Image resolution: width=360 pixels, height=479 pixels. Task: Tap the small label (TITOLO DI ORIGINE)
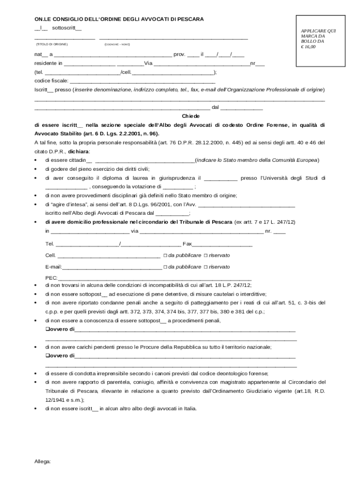click(x=52, y=44)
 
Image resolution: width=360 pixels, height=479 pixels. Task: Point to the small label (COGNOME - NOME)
click(x=117, y=44)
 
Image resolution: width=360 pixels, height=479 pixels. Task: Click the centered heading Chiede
click(x=191, y=116)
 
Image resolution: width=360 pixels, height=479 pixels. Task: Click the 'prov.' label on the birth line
click(x=180, y=54)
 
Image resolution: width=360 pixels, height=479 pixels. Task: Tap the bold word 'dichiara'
click(x=79, y=152)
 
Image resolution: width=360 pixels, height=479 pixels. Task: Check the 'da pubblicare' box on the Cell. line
click(x=165, y=255)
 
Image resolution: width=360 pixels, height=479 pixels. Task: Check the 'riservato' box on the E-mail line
click(x=206, y=267)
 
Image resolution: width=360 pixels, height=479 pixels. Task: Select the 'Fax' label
click(x=187, y=244)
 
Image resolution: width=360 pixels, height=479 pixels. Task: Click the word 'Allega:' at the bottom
click(x=43, y=461)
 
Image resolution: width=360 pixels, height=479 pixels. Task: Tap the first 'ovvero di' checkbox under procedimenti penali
click(x=47, y=329)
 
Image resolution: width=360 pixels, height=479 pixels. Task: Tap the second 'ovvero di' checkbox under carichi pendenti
click(x=47, y=356)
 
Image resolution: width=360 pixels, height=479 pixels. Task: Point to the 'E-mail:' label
click(x=53, y=267)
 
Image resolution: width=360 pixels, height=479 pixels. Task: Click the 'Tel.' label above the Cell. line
click(x=50, y=244)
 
